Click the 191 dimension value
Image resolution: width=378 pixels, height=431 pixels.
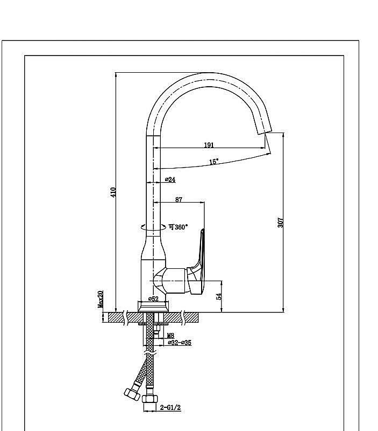click(209, 144)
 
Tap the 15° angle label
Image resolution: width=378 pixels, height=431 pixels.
click(214, 161)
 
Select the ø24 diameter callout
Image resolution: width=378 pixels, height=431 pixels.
click(170, 179)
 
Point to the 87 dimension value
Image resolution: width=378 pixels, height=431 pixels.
click(179, 199)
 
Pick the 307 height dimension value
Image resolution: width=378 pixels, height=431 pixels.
click(280, 221)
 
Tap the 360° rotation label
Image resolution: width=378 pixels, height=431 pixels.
click(178, 227)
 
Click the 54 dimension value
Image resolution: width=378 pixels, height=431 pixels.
click(218, 296)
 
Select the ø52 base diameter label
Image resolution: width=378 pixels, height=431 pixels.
click(153, 298)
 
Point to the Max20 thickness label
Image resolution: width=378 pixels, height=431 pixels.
click(101, 299)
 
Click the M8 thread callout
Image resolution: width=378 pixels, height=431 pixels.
click(170, 335)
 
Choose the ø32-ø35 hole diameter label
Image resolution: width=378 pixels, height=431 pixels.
click(180, 342)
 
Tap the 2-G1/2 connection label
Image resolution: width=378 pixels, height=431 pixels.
click(170, 408)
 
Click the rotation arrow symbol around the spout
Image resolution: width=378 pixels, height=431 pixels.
click(144, 227)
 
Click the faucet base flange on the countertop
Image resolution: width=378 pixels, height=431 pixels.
click(154, 305)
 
